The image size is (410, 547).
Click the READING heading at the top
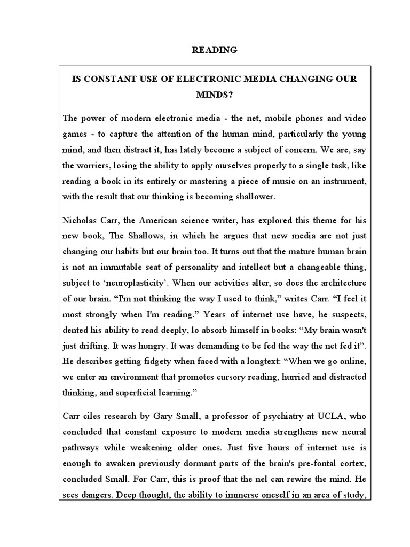[x=214, y=50]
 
